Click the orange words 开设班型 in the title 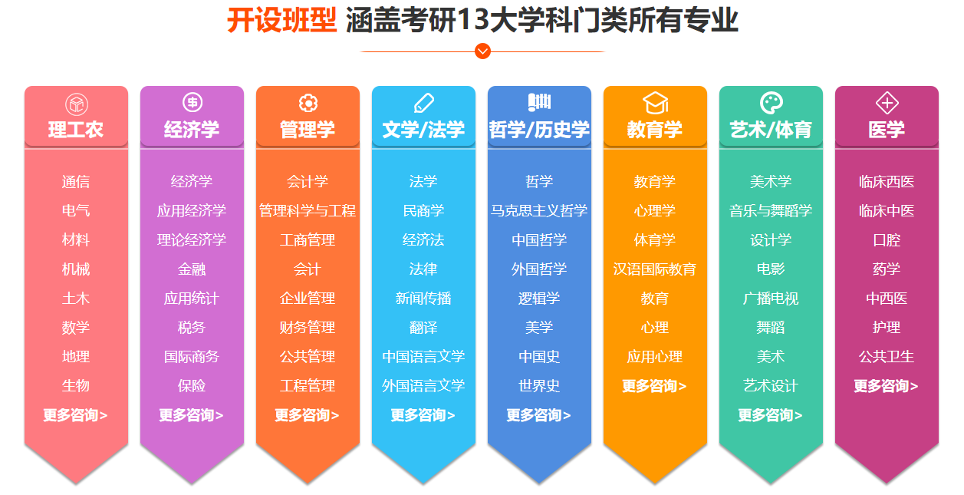[281, 20]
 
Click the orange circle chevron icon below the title [482, 51]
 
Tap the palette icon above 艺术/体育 [772, 103]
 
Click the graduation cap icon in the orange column [655, 104]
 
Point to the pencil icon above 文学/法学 [423, 103]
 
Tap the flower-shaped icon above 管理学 [308, 103]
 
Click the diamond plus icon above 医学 [887, 103]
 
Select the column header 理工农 [76, 130]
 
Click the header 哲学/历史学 [539, 130]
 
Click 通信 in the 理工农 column [76, 182]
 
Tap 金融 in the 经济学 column [192, 269]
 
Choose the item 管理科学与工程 [308, 211]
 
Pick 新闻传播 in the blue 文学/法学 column [423, 298]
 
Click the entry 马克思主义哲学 [539, 211]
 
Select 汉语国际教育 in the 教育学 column [655, 269]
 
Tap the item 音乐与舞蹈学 [770, 211]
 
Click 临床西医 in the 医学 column [887, 182]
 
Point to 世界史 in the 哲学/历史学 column [539, 385]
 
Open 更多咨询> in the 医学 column [886, 385]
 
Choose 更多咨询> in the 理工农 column [75, 415]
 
